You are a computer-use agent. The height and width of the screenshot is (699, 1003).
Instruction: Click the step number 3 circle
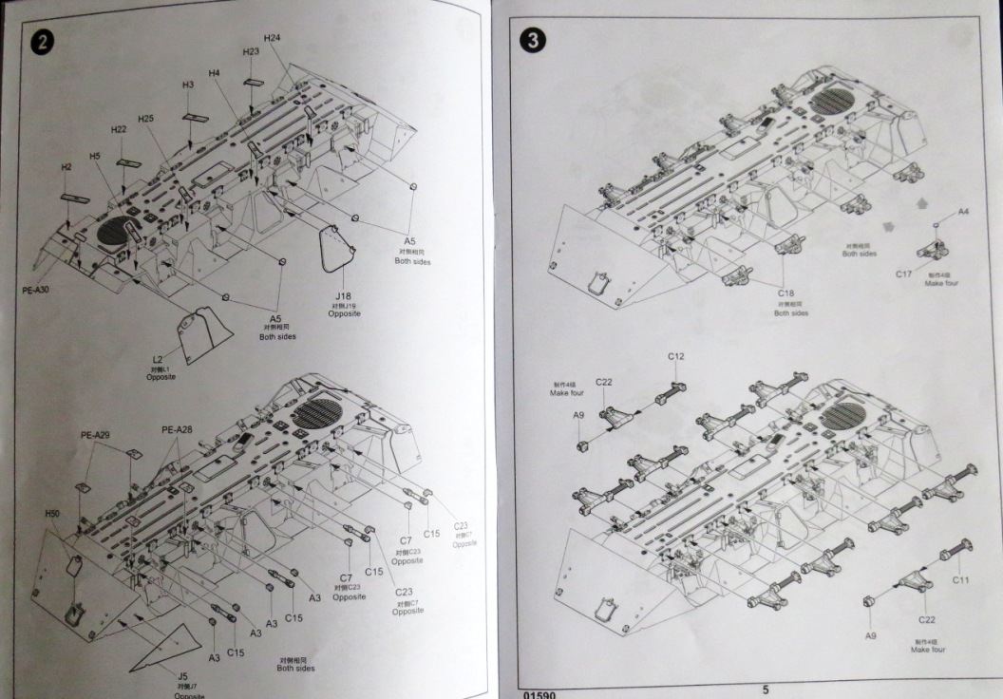pyautogui.click(x=534, y=41)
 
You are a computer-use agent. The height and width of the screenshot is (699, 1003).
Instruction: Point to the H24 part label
pyautogui.click(x=272, y=38)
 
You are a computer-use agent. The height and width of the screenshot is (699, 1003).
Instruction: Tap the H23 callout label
pyautogui.click(x=251, y=51)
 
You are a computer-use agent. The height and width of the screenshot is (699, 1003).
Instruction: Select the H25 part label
pyautogui.click(x=145, y=119)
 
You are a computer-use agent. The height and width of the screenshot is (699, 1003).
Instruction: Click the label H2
pyautogui.click(x=66, y=167)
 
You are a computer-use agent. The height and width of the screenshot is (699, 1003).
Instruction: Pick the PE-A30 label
pyautogui.click(x=37, y=287)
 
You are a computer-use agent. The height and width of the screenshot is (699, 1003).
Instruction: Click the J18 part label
pyautogui.click(x=343, y=295)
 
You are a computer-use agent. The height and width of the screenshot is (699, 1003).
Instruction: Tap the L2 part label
pyautogui.click(x=159, y=359)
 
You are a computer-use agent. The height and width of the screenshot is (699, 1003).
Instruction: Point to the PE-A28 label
pyautogui.click(x=177, y=429)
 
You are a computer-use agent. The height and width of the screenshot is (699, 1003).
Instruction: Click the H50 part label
pyautogui.click(x=52, y=514)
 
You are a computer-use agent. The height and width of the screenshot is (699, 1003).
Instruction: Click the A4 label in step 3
pyautogui.click(x=962, y=211)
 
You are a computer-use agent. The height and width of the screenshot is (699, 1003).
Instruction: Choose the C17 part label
pyautogui.click(x=903, y=274)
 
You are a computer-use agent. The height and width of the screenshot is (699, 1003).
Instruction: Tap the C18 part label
pyautogui.click(x=786, y=294)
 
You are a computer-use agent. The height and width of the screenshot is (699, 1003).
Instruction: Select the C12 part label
pyautogui.click(x=675, y=356)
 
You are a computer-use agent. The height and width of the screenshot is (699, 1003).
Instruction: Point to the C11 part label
pyautogui.click(x=960, y=578)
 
